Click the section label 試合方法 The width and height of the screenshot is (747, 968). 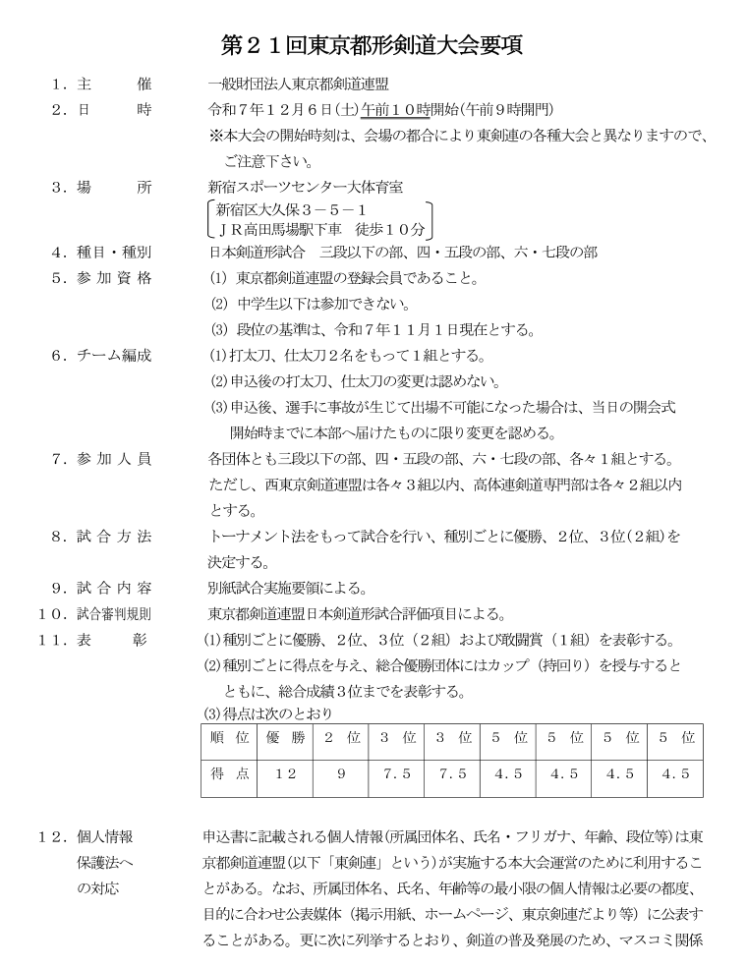(114, 537)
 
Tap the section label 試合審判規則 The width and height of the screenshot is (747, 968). (114, 614)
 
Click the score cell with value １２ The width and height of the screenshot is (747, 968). (285, 774)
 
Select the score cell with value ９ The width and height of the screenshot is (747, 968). (341, 774)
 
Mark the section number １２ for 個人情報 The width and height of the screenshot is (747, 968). (51, 837)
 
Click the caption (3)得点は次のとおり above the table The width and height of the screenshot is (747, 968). (267, 712)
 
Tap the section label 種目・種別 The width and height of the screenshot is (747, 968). (114, 253)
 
